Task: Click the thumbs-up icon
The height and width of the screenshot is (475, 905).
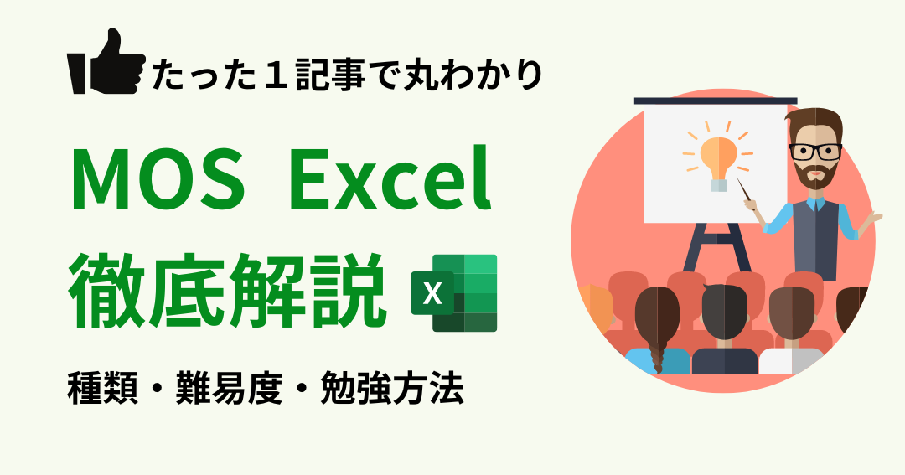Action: (106, 62)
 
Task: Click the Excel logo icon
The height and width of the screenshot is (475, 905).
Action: (454, 292)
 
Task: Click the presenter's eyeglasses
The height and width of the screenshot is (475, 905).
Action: (815, 152)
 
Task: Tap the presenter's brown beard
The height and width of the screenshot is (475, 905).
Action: (815, 173)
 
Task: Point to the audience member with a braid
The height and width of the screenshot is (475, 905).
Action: (657, 330)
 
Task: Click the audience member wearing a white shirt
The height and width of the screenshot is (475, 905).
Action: (791, 330)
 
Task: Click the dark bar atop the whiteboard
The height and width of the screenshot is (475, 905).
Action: (716, 101)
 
